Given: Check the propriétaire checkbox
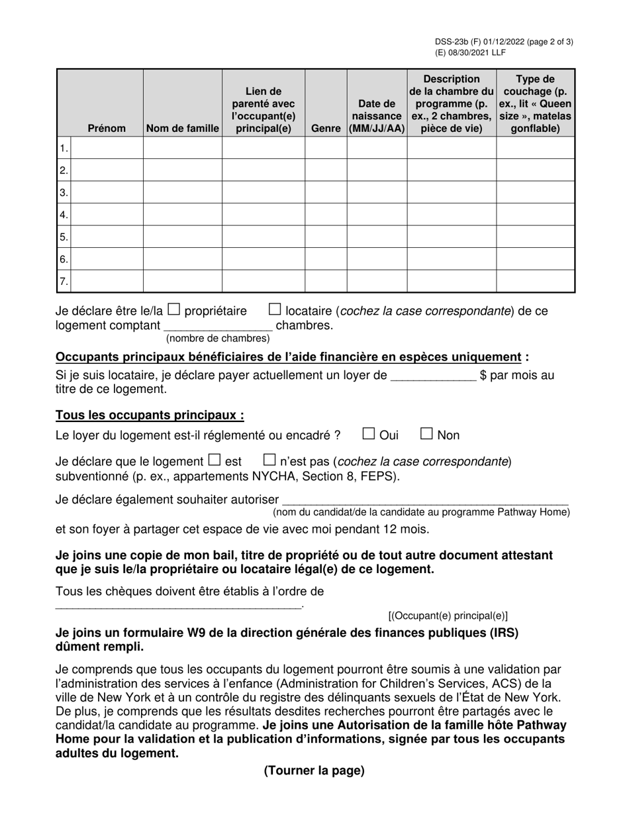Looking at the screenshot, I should tap(173, 309).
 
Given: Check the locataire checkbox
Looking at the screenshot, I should tap(275, 309).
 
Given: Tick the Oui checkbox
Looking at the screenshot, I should tap(369, 434).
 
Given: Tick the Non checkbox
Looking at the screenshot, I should tap(427, 434).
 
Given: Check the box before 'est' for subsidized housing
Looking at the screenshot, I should tap(214, 459).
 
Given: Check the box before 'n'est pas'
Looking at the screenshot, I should tap(269, 459).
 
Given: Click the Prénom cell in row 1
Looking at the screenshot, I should tap(107, 148).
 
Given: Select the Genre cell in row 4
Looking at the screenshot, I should tap(326, 215).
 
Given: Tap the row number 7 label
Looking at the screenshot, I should tap(64, 282).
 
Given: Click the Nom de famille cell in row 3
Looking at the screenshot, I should tap(182, 192).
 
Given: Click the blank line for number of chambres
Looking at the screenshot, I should tap(218, 326).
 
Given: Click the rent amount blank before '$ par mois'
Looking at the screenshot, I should tap(434, 376).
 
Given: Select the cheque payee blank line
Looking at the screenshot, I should tap(178, 604).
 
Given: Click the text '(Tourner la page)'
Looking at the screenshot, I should tap(314, 771).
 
